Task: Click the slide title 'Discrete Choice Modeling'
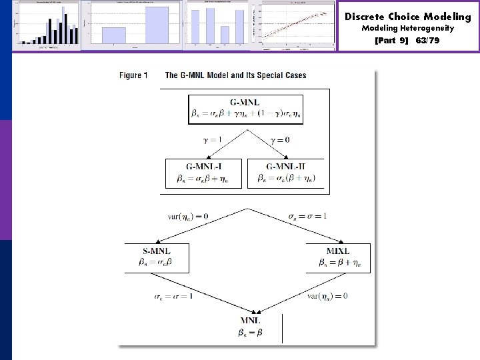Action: [407, 17]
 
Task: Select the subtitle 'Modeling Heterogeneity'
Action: [407, 28]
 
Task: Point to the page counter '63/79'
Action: [427, 40]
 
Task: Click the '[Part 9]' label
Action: [393, 40]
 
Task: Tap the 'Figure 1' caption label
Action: [134, 75]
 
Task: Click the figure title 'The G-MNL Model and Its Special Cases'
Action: [235, 75]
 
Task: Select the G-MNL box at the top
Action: [245, 109]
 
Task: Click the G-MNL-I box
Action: [205, 173]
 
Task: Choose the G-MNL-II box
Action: [286, 173]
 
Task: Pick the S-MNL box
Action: [157, 258]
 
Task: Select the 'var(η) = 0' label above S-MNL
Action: [188, 216]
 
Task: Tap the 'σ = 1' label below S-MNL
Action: [172, 295]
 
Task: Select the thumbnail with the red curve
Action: [298, 25]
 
